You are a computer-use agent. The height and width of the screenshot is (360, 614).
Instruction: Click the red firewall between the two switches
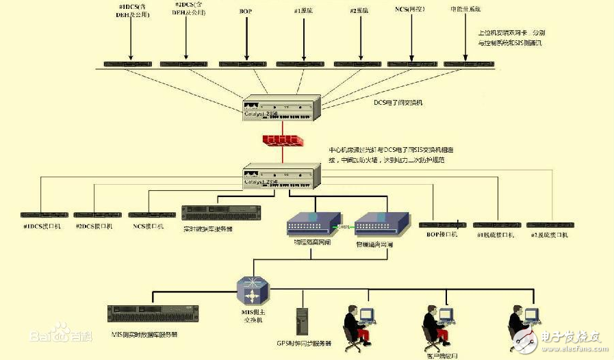tap(281, 140)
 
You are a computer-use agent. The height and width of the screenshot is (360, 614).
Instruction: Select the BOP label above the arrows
tap(246, 11)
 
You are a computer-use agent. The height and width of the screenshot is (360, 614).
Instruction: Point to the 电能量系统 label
tap(466, 10)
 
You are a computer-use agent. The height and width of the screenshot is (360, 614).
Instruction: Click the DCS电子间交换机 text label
tap(398, 103)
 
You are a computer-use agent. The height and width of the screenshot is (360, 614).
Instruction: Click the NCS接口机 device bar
tap(147, 215)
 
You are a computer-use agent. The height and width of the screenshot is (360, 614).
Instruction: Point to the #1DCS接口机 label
tap(42, 227)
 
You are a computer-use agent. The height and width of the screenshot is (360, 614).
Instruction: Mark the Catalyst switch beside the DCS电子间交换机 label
tap(281, 107)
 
